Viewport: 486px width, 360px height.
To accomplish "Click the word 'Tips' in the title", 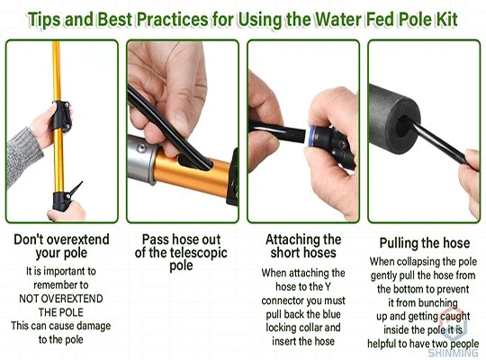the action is point(44,19).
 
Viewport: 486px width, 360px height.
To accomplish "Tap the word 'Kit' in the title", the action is point(447,19).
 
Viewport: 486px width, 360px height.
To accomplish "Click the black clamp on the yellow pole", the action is point(62,116).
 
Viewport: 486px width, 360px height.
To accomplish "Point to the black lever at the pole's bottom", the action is point(76,188).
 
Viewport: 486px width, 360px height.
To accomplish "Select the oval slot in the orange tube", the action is point(194,163).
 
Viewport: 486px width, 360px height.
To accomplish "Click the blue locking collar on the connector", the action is point(310,135).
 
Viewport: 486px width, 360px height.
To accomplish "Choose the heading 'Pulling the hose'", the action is point(425,243).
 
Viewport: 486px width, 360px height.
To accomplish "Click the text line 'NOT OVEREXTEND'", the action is point(61,299).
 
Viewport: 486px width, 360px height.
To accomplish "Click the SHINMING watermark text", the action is point(453,353).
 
